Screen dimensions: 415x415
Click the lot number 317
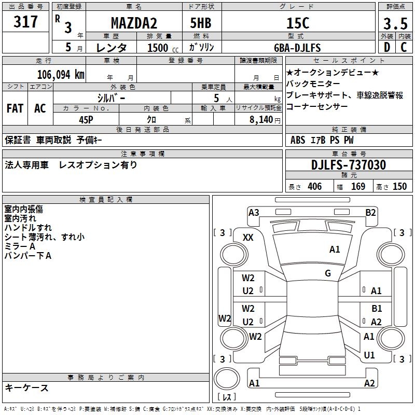(x=26, y=22)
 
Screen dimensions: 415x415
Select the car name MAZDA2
(x=134, y=23)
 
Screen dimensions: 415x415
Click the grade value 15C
(x=298, y=23)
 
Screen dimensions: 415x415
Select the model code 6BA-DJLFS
(x=297, y=48)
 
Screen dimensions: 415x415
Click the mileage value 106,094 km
(x=61, y=74)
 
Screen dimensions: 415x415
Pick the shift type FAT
(x=15, y=108)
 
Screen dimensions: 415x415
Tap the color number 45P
(x=86, y=120)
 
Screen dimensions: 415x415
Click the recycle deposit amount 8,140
(x=261, y=120)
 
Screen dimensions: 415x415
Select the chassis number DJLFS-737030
(x=349, y=165)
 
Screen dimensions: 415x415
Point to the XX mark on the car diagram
(x=248, y=237)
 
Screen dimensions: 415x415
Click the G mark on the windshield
(x=328, y=273)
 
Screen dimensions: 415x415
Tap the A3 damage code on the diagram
(x=254, y=212)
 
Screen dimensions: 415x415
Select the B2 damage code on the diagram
(x=370, y=212)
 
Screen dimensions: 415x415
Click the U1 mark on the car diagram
(x=369, y=355)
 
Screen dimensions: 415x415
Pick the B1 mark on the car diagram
(x=377, y=309)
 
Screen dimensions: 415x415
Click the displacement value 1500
(x=158, y=48)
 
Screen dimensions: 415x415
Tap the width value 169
(x=358, y=187)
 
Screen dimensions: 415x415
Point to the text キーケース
(x=27, y=388)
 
